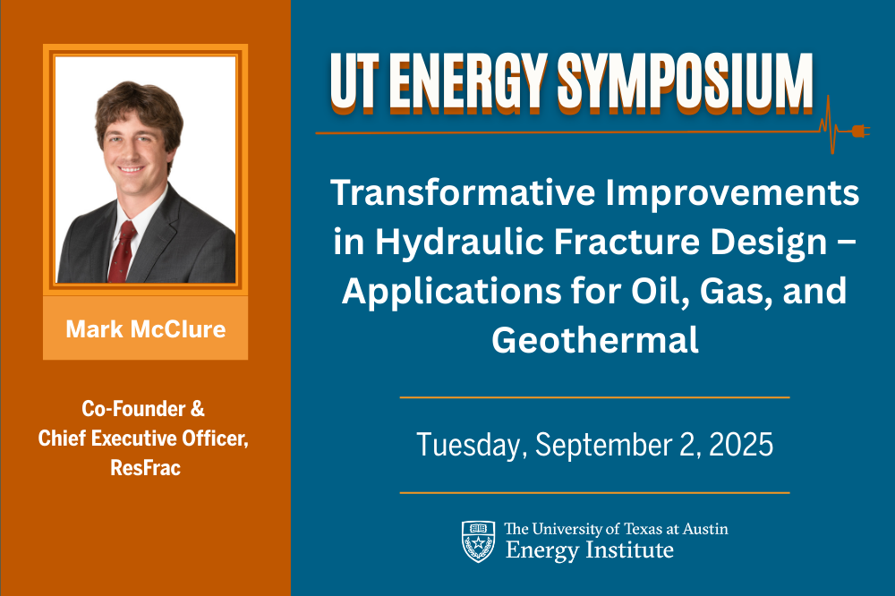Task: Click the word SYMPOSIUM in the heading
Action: pyautogui.click(x=686, y=82)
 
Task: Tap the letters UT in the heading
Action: pyautogui.click(x=355, y=82)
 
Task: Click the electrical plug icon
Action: pyautogui.click(x=859, y=132)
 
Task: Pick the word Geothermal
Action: pyautogui.click(x=594, y=340)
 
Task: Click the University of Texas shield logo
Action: pyautogui.click(x=478, y=541)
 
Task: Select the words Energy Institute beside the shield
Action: pyautogui.click(x=589, y=549)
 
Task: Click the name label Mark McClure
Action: pyautogui.click(x=145, y=328)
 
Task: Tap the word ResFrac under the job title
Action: pyautogui.click(x=145, y=468)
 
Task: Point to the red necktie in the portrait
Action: pyautogui.click(x=123, y=251)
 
